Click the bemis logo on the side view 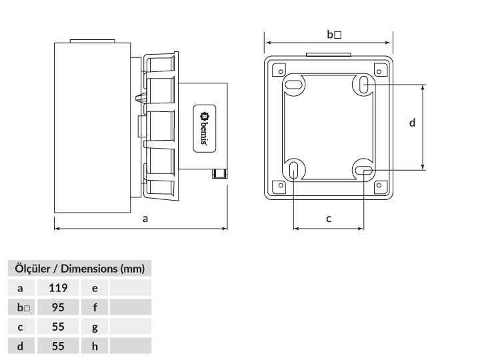pyautogui.click(x=205, y=129)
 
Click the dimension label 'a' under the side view pyautogui.click(x=145, y=219)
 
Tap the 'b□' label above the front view pyautogui.click(x=334, y=35)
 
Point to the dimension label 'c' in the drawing pyautogui.click(x=329, y=219)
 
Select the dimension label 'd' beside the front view pyautogui.click(x=412, y=123)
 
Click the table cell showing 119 pyautogui.click(x=58, y=288)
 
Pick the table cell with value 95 pyautogui.click(x=58, y=307)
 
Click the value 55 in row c pyautogui.click(x=58, y=327)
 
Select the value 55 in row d pyautogui.click(x=58, y=346)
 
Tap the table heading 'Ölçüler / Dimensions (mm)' pyautogui.click(x=79, y=269)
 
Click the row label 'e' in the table pyautogui.click(x=95, y=288)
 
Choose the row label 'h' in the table pyautogui.click(x=95, y=346)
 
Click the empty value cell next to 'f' pyautogui.click(x=131, y=307)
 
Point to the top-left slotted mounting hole pyautogui.click(x=293, y=84)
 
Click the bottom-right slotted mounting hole pyautogui.click(x=364, y=170)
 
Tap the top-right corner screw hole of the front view pyautogui.click(x=379, y=71)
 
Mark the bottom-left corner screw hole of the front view pyautogui.click(x=281, y=185)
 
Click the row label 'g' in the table pyautogui.click(x=95, y=327)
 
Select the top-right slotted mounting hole pyautogui.click(x=363, y=85)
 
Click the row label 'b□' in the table pyautogui.click(x=23, y=307)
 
